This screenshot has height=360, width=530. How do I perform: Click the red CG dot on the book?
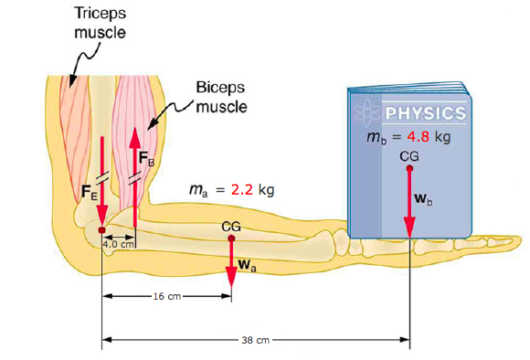click(409, 168)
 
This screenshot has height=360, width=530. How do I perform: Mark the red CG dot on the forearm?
click(231, 237)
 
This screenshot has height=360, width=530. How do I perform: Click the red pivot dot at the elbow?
click(101, 229)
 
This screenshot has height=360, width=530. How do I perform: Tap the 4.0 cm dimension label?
click(119, 245)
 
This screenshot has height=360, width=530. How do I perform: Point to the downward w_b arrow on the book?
click(409, 206)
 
